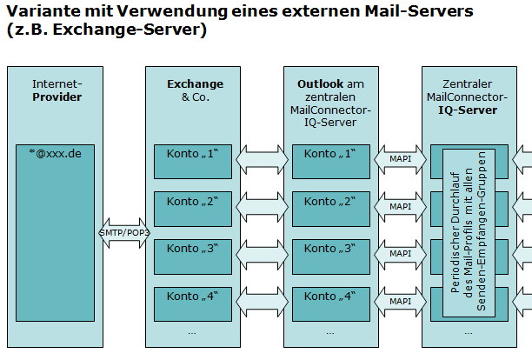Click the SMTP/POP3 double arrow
123,233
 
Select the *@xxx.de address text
55,153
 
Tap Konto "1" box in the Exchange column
192,161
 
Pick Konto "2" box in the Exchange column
192,209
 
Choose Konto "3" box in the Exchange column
192,256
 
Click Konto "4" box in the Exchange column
192,303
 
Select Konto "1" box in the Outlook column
331,161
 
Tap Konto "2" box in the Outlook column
331,209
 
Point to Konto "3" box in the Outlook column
331,256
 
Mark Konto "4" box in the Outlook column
331,303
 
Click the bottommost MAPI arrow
401,301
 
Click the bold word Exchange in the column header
195,84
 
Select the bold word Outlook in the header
321,84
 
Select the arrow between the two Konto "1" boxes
262,161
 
